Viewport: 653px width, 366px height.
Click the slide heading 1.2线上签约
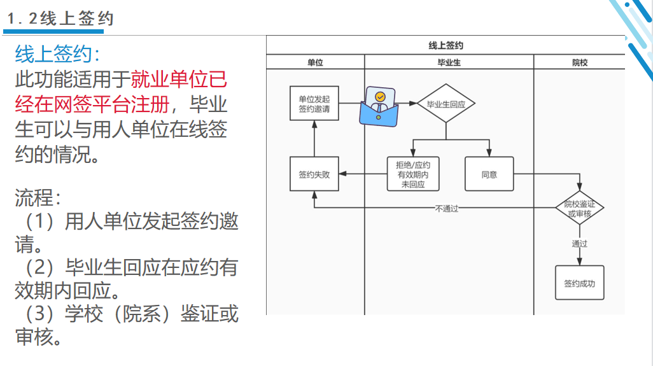click(x=60, y=18)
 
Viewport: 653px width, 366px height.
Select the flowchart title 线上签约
click(x=446, y=45)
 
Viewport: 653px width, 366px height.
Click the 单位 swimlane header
click(x=315, y=62)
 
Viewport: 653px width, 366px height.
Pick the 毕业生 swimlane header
click(x=449, y=62)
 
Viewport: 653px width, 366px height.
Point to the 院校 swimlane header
click(x=579, y=62)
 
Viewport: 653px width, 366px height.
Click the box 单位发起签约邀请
click(x=314, y=104)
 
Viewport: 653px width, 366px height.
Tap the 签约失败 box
click(x=314, y=174)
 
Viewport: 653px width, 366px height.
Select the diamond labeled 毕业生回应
click(x=446, y=104)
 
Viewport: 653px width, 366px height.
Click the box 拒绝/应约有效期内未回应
click(x=413, y=174)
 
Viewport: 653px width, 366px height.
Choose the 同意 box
click(x=489, y=174)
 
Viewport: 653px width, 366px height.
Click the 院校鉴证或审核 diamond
click(x=579, y=208)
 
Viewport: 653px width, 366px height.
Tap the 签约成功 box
click(x=579, y=283)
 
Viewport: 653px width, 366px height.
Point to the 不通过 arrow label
click(x=446, y=208)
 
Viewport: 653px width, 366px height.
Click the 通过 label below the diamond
click(x=579, y=243)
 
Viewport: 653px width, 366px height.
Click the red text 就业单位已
click(x=179, y=80)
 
